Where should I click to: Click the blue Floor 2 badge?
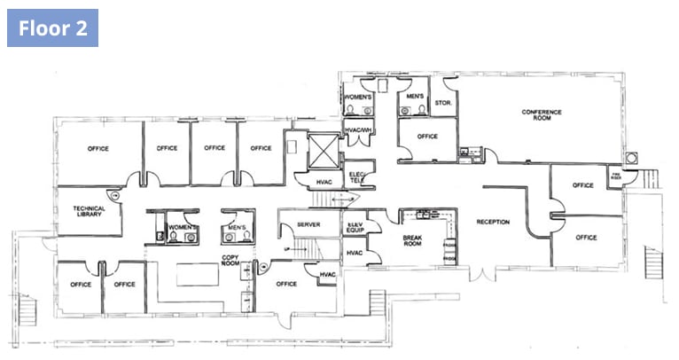(52, 27)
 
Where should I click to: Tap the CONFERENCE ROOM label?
(542, 114)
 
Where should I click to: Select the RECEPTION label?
(493, 222)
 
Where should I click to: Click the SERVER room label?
(308, 225)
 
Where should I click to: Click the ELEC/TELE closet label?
(358, 176)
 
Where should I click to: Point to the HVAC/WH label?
(358, 131)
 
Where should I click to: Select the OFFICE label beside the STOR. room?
(427, 137)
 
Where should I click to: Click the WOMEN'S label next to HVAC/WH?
(357, 95)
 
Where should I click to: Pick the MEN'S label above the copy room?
(236, 228)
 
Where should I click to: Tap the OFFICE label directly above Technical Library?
(98, 148)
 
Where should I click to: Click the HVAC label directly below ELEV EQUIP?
(355, 254)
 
